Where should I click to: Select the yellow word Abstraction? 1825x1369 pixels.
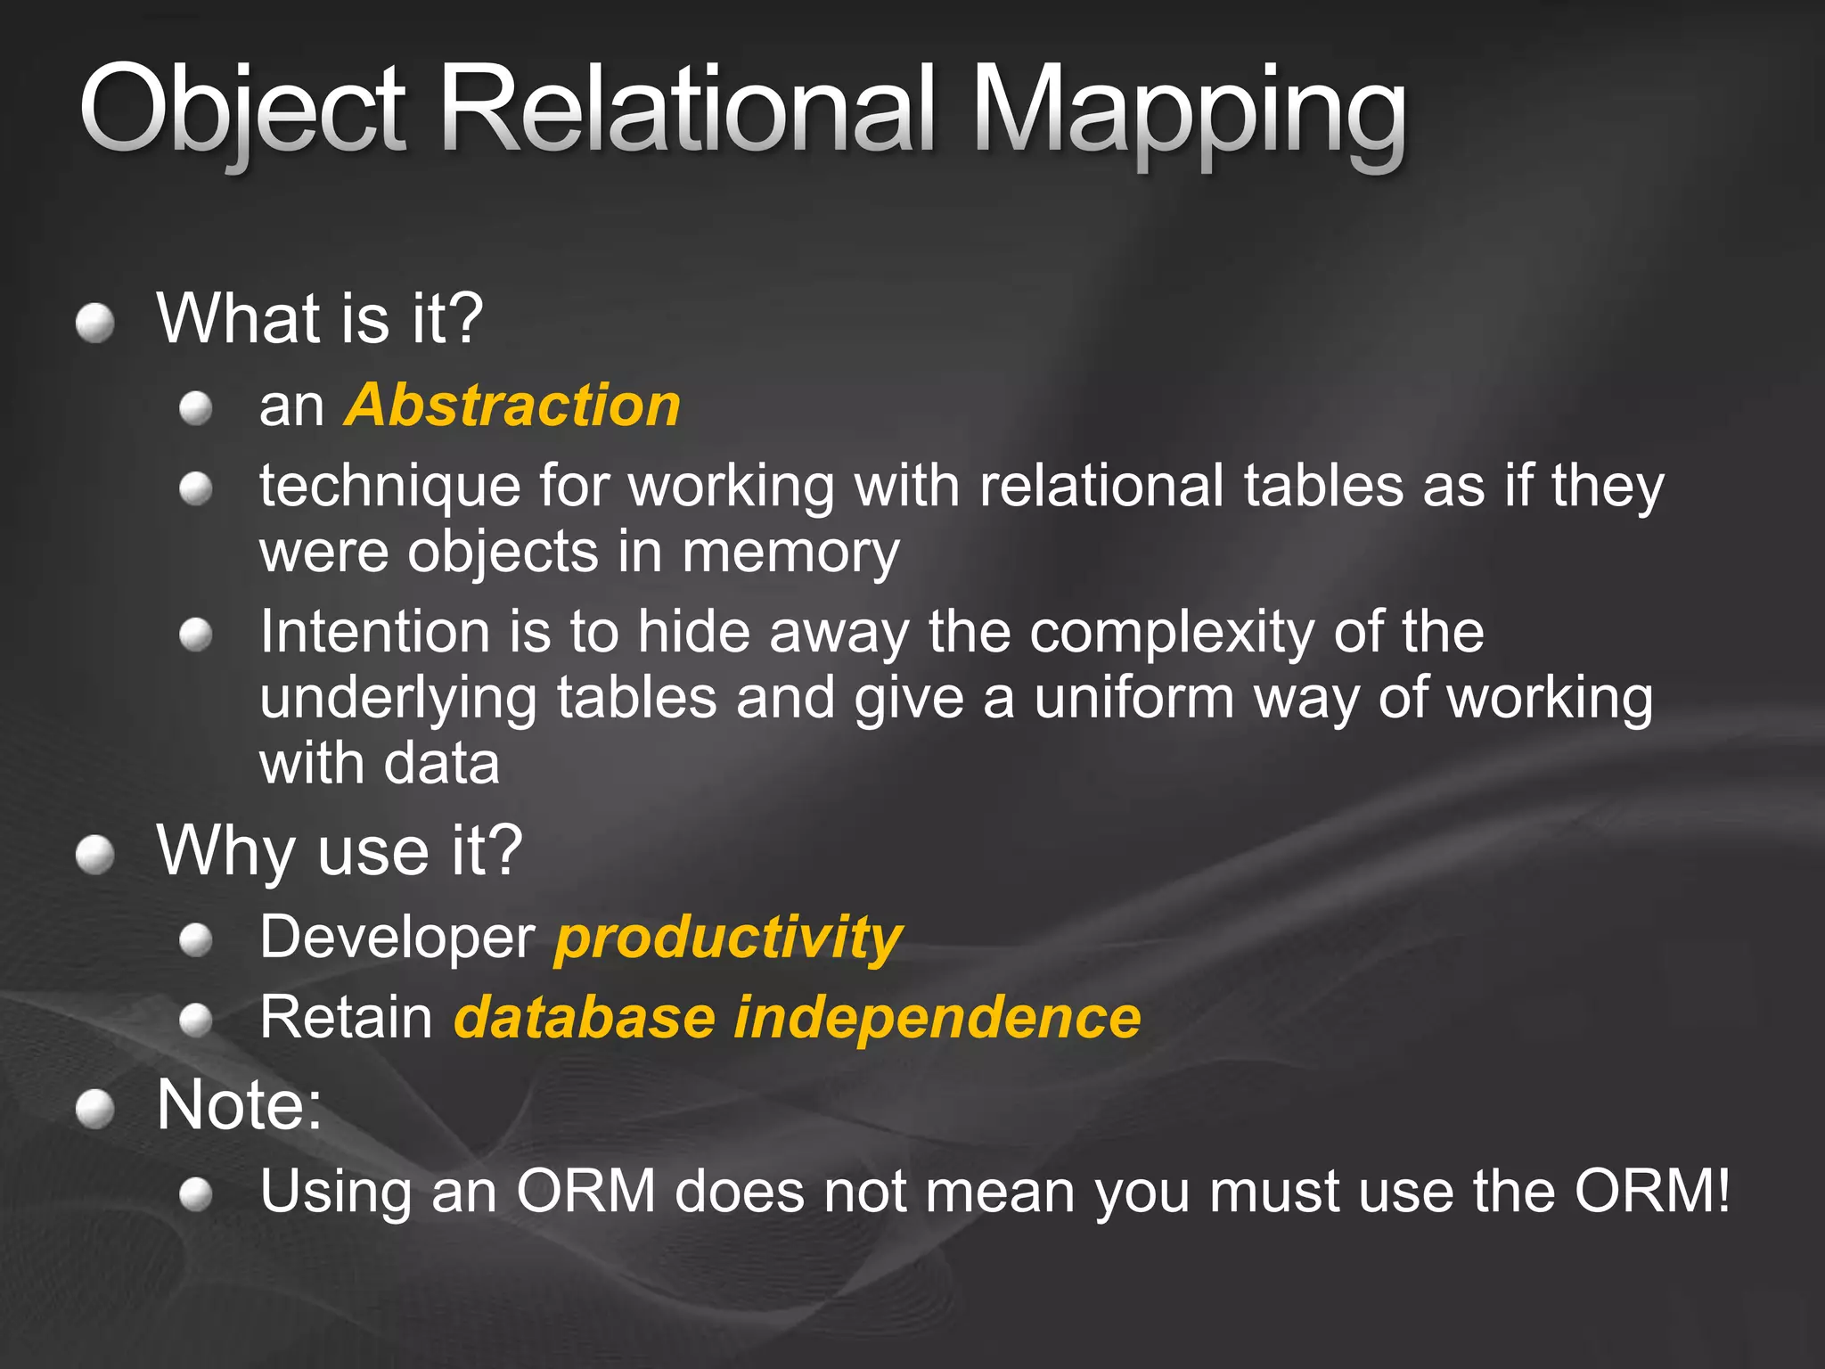tap(513, 406)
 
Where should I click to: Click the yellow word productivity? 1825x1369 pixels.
tap(728, 939)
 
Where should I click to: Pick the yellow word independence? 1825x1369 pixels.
tap(937, 1017)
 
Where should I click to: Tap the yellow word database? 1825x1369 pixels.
tap(585, 1017)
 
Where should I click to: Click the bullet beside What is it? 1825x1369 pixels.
tap(95, 323)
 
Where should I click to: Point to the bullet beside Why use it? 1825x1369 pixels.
tap(95, 856)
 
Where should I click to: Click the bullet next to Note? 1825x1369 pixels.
tap(95, 1110)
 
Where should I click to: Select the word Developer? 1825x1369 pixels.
tap(397, 939)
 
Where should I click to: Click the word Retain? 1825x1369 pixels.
tap(347, 1017)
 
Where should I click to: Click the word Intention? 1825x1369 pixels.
tap(375, 632)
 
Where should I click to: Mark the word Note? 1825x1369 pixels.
tap(239, 1105)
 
